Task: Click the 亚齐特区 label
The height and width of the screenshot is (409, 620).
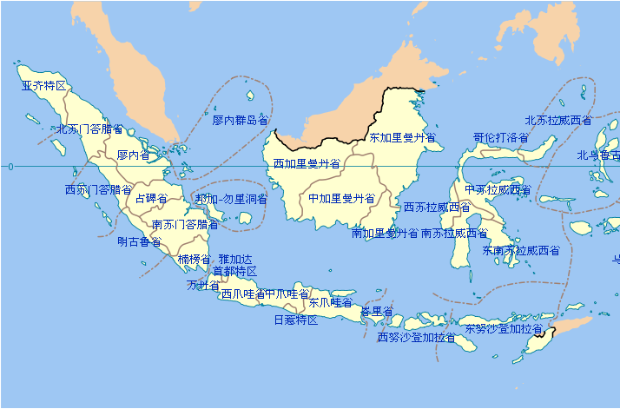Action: pos(43,86)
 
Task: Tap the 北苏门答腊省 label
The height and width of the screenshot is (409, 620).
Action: pos(90,129)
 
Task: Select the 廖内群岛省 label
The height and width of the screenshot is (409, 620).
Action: pos(240,120)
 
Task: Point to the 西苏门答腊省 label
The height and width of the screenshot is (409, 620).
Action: pos(98,189)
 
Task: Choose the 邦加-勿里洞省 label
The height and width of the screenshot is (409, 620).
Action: pos(231,199)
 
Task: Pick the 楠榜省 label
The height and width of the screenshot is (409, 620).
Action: pos(194,259)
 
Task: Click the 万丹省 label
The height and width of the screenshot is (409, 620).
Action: pos(203,285)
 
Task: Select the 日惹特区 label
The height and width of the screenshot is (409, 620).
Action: pos(295,320)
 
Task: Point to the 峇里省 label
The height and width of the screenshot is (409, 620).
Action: pos(377,311)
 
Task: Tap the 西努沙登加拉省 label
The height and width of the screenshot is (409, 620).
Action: pos(416,337)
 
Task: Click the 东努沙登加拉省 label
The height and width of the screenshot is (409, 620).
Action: pos(503,329)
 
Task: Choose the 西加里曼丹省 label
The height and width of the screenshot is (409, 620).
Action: pos(307,163)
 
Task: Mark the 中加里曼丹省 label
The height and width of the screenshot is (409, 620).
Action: pos(341,198)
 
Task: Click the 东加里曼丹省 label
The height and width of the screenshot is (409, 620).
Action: pos(402,137)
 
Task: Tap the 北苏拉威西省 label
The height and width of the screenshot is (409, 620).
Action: pos(558,120)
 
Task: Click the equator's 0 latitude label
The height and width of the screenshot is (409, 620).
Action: pos(10,166)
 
